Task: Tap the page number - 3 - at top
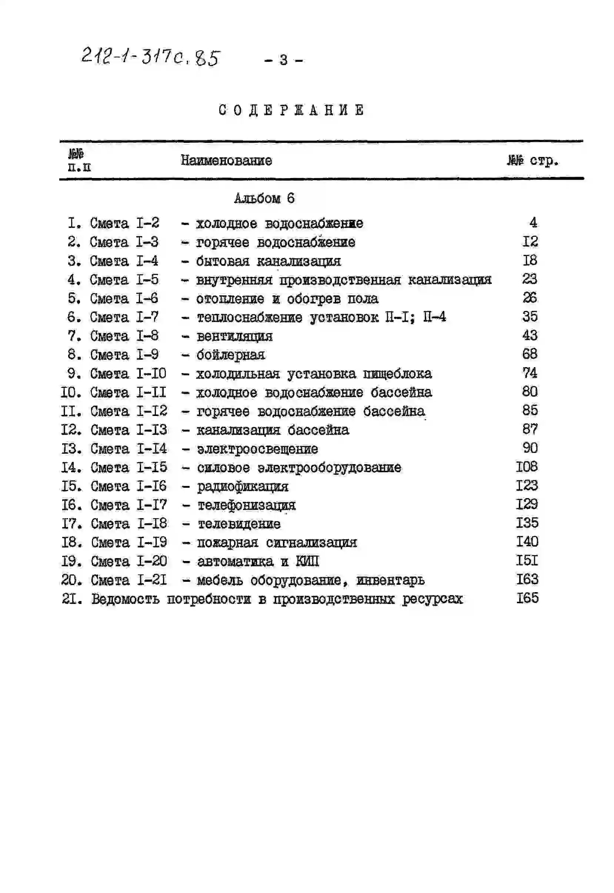(283, 60)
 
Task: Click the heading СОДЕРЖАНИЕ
(291, 110)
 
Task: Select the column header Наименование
(226, 160)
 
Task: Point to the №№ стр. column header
(533, 160)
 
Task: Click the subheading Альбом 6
(264, 198)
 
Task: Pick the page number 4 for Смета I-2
(533, 222)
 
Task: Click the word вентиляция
(235, 336)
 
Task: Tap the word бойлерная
(231, 355)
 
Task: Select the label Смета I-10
(128, 374)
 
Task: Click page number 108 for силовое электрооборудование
(527, 467)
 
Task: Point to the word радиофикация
(243, 487)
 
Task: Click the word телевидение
(239, 524)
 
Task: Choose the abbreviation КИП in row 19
(307, 562)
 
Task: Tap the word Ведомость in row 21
(126, 599)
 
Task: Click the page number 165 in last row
(527, 598)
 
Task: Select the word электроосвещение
(257, 449)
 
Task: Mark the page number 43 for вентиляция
(530, 336)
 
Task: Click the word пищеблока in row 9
(397, 374)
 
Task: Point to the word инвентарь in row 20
(390, 580)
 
